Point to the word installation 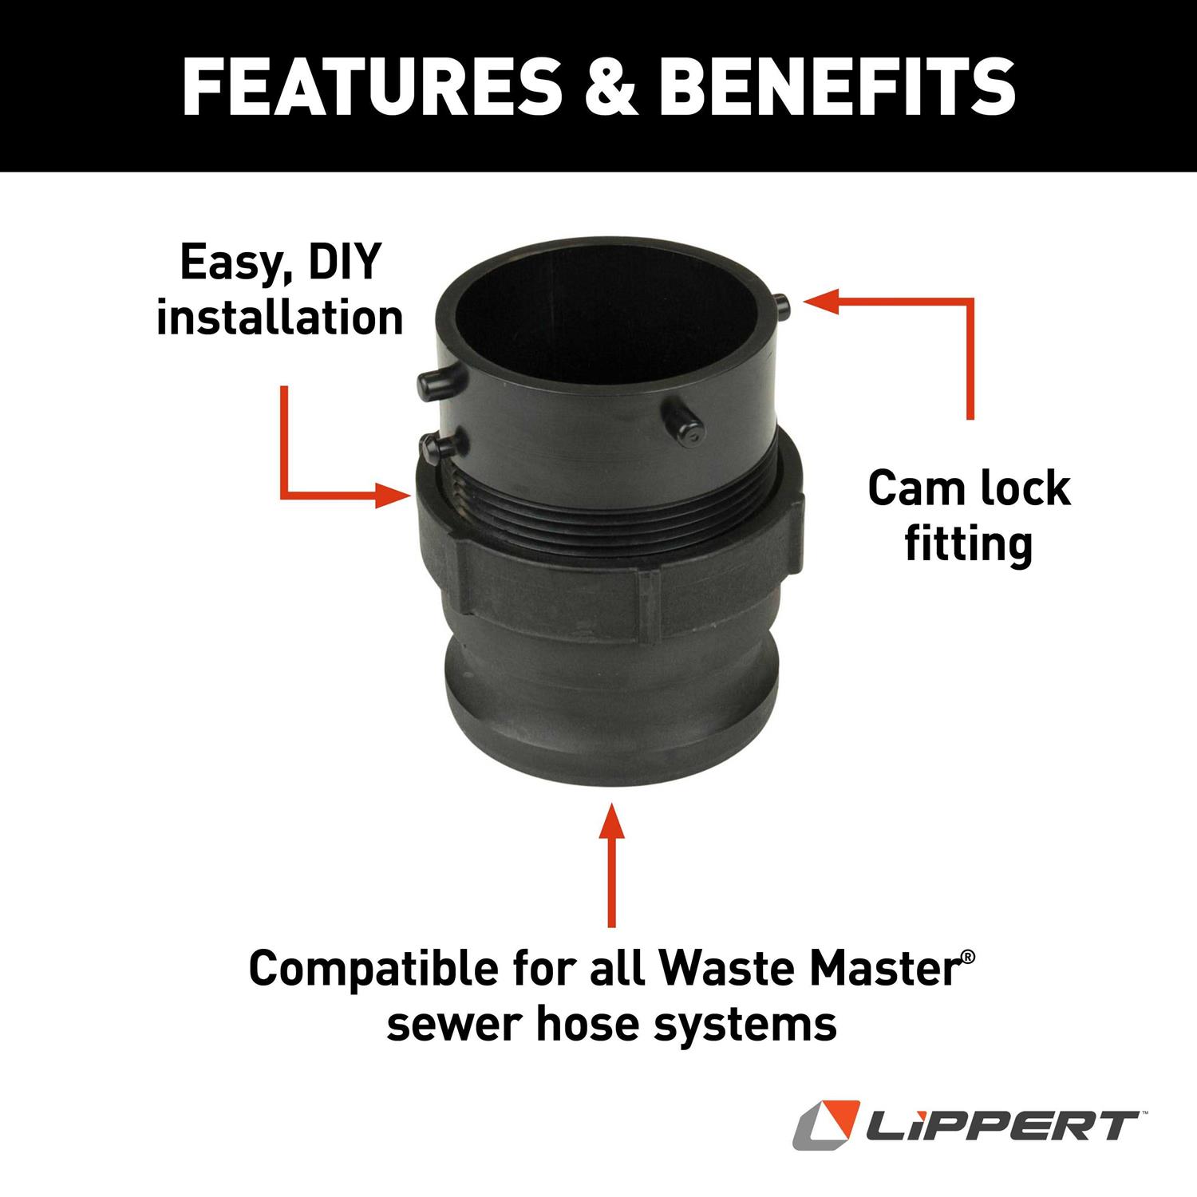279,317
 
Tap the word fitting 968,544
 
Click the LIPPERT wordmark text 1002,1126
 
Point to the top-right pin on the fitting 782,304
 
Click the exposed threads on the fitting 606,519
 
